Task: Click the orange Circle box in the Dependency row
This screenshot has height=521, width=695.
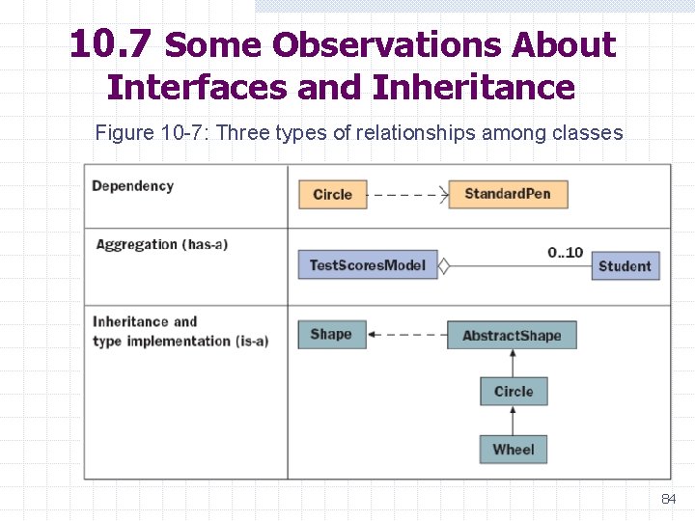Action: pos(332,195)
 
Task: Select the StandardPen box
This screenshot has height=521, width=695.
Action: pos(508,194)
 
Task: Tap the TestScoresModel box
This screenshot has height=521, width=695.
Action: pos(367,265)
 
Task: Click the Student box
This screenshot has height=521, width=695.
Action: pos(625,266)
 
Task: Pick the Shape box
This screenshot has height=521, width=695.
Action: pos(331,335)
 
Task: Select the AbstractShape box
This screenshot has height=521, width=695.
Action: pos(512,336)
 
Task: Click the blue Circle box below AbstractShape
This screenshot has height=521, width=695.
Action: pos(514,392)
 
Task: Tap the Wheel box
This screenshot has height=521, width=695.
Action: pos(514,450)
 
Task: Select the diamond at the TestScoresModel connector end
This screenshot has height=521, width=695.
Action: pos(444,266)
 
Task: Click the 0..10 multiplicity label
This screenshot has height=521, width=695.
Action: pos(565,253)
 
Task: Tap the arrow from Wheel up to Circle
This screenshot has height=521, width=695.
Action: pos(514,420)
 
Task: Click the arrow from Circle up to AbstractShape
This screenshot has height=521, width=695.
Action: pos(514,363)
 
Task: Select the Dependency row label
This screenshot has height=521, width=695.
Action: pos(132,186)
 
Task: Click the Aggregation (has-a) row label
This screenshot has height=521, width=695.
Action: pos(161,245)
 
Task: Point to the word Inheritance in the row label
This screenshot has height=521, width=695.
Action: pos(131,322)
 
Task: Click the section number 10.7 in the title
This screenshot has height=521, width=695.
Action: pos(110,44)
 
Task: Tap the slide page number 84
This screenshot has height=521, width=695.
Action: pos(668,499)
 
